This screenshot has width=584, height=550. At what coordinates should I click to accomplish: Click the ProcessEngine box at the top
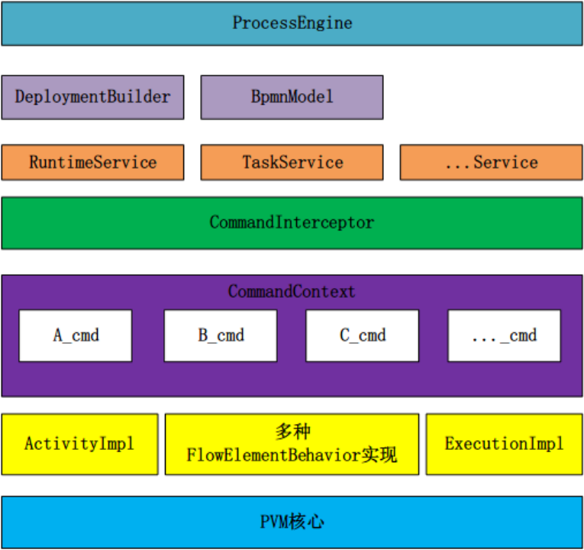click(292, 23)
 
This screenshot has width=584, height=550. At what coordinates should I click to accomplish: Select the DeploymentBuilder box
click(92, 97)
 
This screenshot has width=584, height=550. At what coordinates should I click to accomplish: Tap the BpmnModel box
click(292, 97)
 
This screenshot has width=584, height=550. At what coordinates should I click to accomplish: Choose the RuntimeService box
click(92, 162)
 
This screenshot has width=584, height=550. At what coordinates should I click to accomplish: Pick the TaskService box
click(292, 162)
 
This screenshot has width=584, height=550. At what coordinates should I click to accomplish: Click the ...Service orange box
click(491, 162)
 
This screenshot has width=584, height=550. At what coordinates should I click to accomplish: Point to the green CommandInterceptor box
click(292, 223)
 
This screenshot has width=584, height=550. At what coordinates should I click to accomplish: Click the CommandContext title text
click(292, 292)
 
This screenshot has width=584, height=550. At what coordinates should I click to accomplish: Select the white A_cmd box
click(76, 335)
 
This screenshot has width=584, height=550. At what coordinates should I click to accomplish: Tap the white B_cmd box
click(221, 335)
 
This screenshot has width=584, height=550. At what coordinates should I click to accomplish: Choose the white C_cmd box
click(363, 335)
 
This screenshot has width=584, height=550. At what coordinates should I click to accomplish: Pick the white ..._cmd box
click(504, 335)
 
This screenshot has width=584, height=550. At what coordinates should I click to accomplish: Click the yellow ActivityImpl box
click(79, 444)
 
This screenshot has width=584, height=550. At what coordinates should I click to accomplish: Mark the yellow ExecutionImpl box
click(504, 444)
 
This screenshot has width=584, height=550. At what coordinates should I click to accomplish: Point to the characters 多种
click(292, 432)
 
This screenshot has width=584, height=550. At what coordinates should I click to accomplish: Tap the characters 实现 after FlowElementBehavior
click(379, 456)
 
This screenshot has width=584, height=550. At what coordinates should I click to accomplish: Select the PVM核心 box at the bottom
click(292, 522)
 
